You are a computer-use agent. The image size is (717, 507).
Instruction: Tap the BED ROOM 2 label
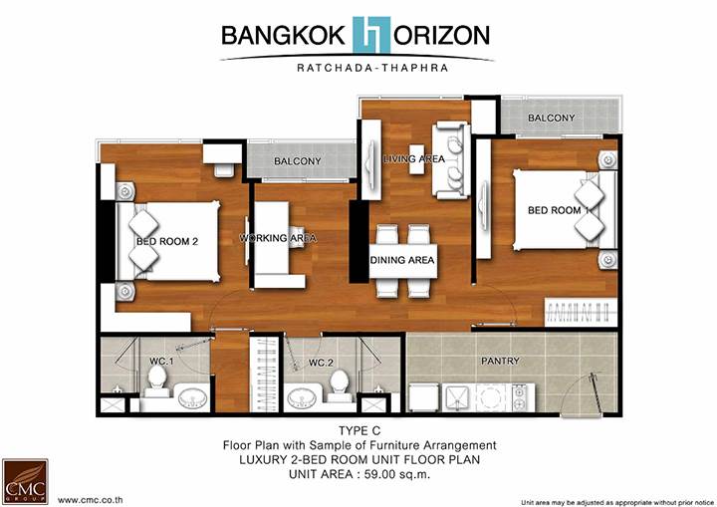pyautogui.click(x=167, y=241)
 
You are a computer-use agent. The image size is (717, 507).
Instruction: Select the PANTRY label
pyautogui.click(x=500, y=361)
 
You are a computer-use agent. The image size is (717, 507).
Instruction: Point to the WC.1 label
pyautogui.click(x=161, y=362)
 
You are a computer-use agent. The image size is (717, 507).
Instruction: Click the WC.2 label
pyautogui.click(x=321, y=363)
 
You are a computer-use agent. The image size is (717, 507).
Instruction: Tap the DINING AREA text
pyautogui.click(x=402, y=260)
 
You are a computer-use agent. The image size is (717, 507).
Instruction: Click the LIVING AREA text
pyautogui.click(x=414, y=158)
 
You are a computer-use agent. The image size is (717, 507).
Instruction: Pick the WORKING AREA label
pyautogui.click(x=278, y=238)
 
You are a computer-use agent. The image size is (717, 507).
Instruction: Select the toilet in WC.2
pyautogui.click(x=340, y=385)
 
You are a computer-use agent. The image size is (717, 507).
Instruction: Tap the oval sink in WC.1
pyautogui.click(x=192, y=399)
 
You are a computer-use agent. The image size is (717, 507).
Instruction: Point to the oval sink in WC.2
pyautogui.click(x=302, y=399)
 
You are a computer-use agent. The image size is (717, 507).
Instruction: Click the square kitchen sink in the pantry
pyautogui.click(x=456, y=397)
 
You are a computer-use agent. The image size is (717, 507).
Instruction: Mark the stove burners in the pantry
pyautogui.click(x=520, y=397)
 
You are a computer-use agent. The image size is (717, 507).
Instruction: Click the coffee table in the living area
pyautogui.click(x=416, y=159)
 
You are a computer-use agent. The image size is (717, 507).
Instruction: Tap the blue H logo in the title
pyautogui.click(x=371, y=35)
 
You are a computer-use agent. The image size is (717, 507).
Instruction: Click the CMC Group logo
pyautogui.click(x=25, y=481)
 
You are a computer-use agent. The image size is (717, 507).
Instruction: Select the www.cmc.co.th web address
pyautogui.click(x=90, y=500)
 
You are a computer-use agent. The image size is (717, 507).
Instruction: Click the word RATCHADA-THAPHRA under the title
pyautogui.click(x=372, y=68)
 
